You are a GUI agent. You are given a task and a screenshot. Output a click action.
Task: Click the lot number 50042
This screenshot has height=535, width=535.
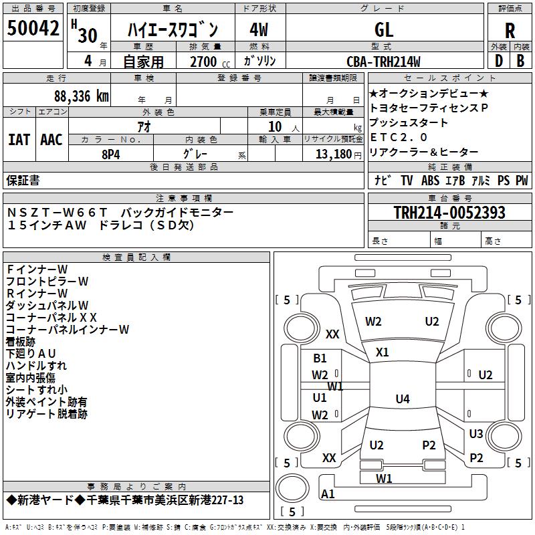pos(33,29)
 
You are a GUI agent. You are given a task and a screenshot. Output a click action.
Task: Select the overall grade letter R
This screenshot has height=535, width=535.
pos(510,30)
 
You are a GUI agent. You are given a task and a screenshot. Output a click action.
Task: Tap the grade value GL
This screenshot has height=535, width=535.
pos(384,29)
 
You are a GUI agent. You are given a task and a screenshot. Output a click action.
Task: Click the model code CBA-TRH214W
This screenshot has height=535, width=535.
pos(383,62)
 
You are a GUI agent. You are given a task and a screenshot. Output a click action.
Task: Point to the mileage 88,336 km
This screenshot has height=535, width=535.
pos(81,96)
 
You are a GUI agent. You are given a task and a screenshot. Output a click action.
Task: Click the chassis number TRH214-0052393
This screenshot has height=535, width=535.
pos(449,213)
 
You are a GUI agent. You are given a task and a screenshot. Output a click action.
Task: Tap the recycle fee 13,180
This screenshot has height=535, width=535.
pos(332,154)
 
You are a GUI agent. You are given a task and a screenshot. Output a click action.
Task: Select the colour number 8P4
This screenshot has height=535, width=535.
pos(110,154)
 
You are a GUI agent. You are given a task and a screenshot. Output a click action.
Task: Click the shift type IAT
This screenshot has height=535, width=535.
pos(19,140)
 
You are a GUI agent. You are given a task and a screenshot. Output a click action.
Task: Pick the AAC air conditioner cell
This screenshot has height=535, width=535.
pos(51,140)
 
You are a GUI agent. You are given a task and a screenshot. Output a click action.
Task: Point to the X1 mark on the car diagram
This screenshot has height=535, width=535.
pos(383,352)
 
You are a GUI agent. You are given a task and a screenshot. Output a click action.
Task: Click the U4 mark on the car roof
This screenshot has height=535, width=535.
pos(402,399)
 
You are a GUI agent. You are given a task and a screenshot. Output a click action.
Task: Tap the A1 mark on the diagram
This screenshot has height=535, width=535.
pos(328,494)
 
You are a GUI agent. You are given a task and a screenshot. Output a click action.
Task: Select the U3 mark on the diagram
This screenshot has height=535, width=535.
pos(475,434)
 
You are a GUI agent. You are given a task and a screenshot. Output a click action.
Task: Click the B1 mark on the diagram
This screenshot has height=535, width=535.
pos(320,358)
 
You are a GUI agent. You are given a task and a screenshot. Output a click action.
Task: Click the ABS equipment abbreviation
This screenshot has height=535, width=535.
pos(430,180)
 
